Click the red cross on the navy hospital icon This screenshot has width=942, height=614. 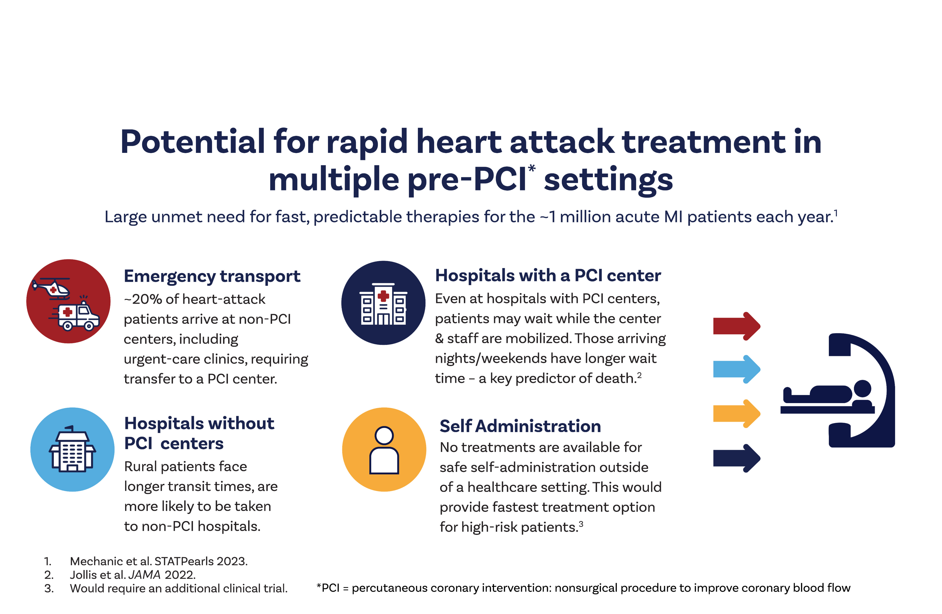click(x=383, y=295)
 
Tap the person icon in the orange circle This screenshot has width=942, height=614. click(x=384, y=450)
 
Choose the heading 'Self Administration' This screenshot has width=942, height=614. click(x=520, y=426)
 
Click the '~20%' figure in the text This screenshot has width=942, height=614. click(x=143, y=299)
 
